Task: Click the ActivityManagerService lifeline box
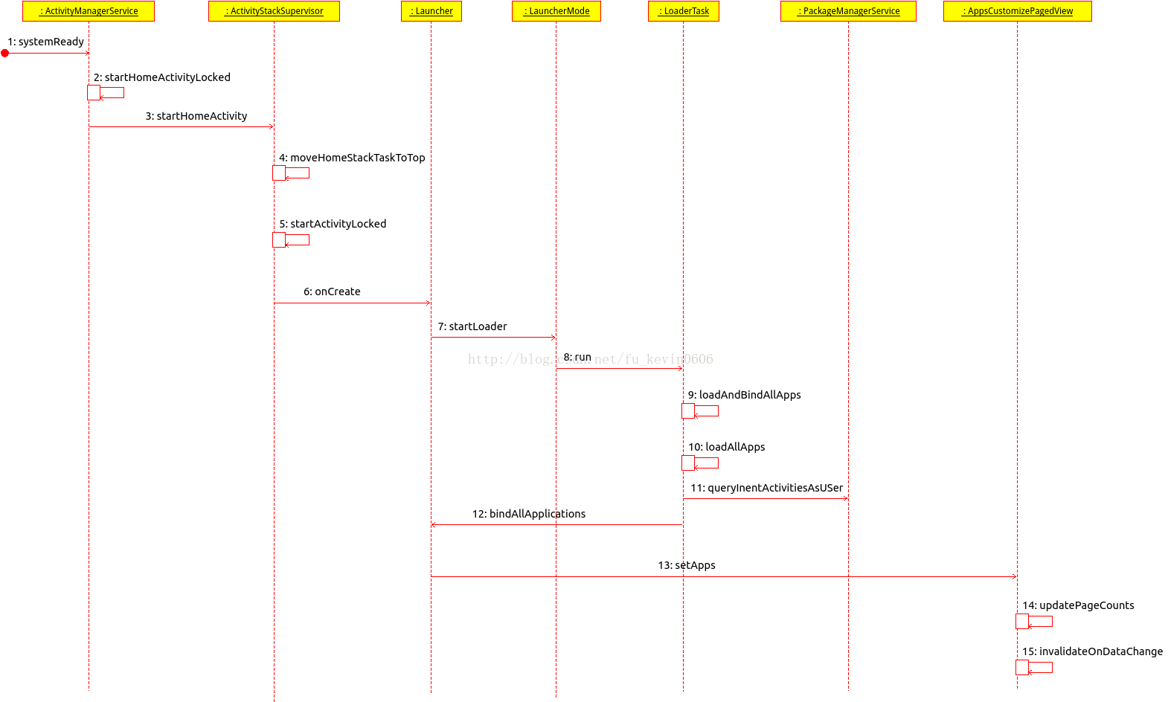[x=89, y=11]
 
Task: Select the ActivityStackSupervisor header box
[x=274, y=11]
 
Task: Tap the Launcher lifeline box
[x=431, y=11]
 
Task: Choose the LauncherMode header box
[x=556, y=11]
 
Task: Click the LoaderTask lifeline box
[x=684, y=11]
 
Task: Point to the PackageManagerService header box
[x=848, y=11]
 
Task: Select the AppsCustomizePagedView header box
[x=1017, y=11]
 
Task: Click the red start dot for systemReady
[x=5, y=53]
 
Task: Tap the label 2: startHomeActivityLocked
[x=162, y=77]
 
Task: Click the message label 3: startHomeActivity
[x=196, y=116]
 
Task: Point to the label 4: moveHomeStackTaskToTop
[x=352, y=158]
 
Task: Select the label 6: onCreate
[x=332, y=292]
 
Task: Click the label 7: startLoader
[x=472, y=326]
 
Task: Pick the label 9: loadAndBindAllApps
[x=744, y=395]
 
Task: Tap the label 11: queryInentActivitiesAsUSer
[x=766, y=488]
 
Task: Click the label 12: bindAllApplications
[x=529, y=514]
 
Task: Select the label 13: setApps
[x=687, y=565]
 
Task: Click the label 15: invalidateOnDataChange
[x=1092, y=651]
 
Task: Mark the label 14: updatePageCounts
[x=1078, y=605]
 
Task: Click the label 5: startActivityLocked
[x=333, y=224]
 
